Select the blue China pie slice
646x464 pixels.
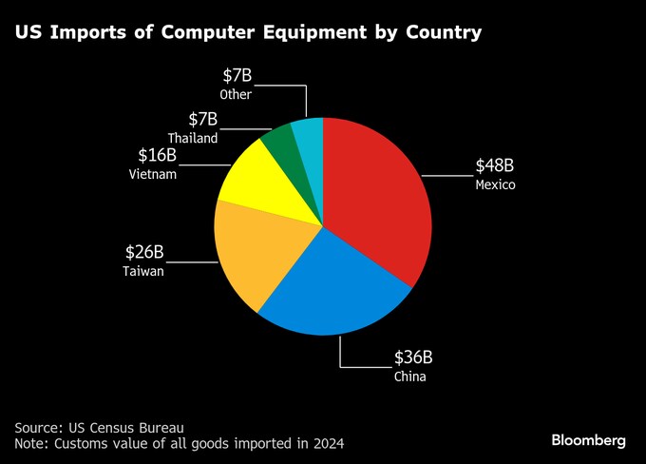tap(332, 285)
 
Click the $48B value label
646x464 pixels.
tap(495, 165)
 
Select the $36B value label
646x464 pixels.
tap(413, 358)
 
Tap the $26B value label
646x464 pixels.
tap(144, 252)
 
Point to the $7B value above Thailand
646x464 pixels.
tap(203, 119)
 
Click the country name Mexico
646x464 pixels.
tap(495, 184)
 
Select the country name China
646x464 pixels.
tap(410, 377)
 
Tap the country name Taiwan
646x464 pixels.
tap(143, 271)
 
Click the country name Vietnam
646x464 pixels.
tap(151, 174)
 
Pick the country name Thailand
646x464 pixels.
tap(193, 138)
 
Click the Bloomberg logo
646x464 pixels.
tap(589, 440)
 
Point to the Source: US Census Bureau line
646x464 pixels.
tap(99, 427)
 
